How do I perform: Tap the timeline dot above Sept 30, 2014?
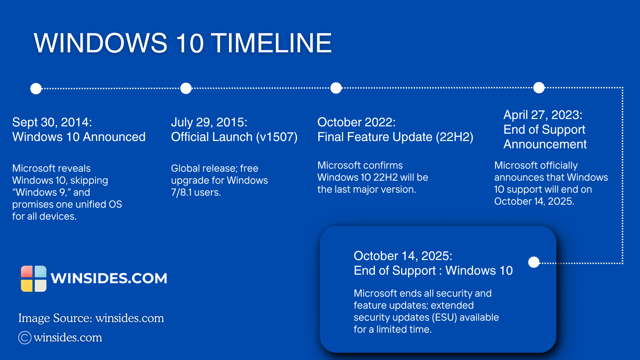pyautogui.click(x=36, y=89)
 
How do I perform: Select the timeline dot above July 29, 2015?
pyautogui.click(x=186, y=88)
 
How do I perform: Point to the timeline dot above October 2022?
pyautogui.click(x=336, y=88)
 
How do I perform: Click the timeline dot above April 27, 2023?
pyautogui.click(x=539, y=88)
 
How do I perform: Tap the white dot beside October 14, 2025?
pyautogui.click(x=534, y=262)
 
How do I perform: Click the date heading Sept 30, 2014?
pyautogui.click(x=52, y=122)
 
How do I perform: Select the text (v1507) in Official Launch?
pyautogui.click(x=277, y=137)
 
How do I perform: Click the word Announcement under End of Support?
pyautogui.click(x=545, y=144)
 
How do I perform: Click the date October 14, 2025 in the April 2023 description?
pyautogui.click(x=534, y=201)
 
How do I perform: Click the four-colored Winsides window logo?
pyautogui.click(x=34, y=279)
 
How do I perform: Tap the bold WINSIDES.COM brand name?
pyautogui.click(x=109, y=278)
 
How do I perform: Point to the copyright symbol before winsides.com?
pyautogui.click(x=25, y=338)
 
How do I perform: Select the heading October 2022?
pyautogui.click(x=356, y=122)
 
